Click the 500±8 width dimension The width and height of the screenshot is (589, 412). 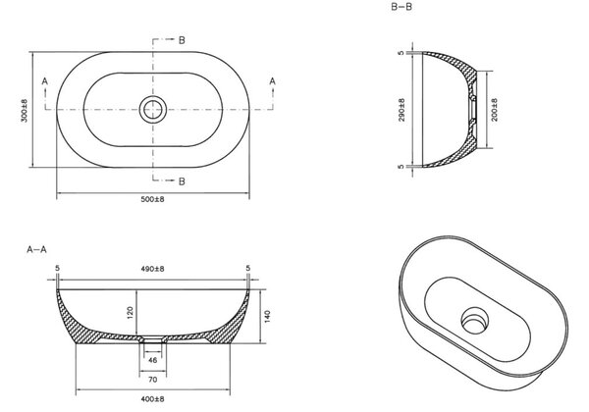[x=152, y=199]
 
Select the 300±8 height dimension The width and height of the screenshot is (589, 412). [x=25, y=111]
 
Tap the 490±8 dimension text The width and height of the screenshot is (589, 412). [x=152, y=269]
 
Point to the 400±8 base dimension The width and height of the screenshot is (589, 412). [x=152, y=399]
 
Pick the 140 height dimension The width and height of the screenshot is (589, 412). [x=267, y=316]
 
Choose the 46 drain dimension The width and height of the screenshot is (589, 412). [x=152, y=360]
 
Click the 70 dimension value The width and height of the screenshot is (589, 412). [x=152, y=380]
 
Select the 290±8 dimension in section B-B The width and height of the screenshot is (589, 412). [x=402, y=110]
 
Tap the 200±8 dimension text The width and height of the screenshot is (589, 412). [x=494, y=110]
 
